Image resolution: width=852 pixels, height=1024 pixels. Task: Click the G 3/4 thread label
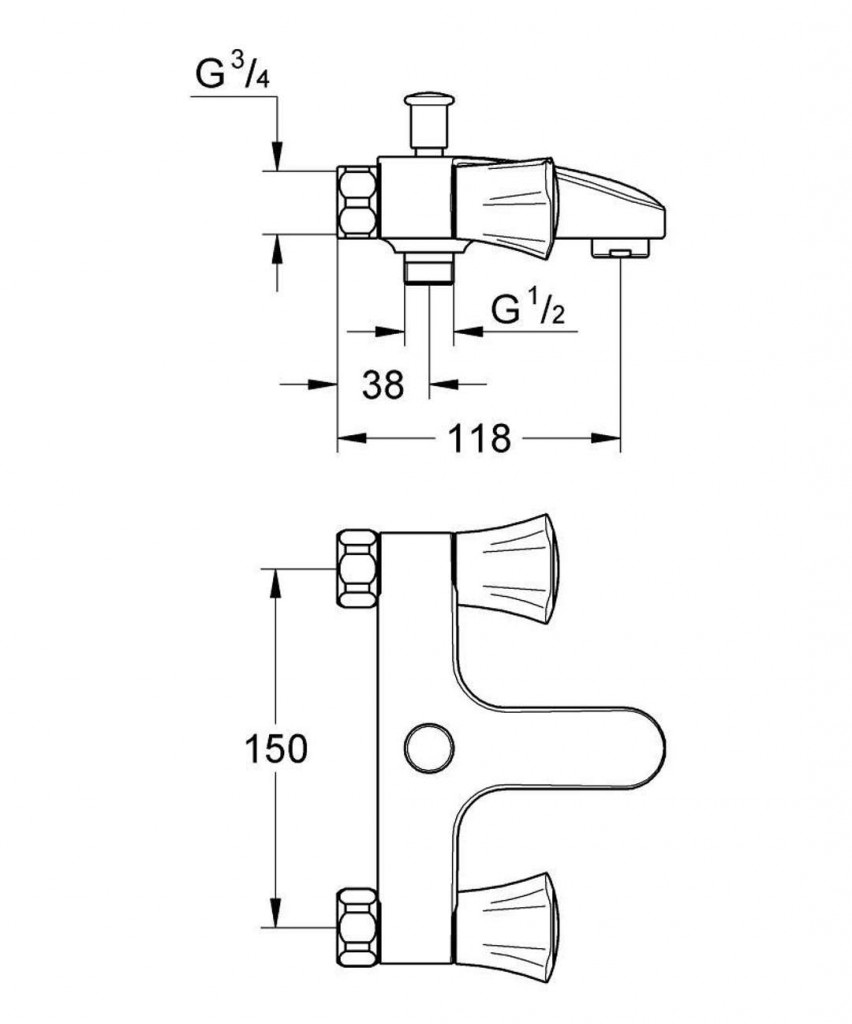click(x=228, y=75)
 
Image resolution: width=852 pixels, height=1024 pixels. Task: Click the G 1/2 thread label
click(x=528, y=311)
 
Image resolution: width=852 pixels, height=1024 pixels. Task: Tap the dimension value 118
click(x=480, y=438)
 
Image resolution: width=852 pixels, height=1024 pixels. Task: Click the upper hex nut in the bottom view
click(x=358, y=568)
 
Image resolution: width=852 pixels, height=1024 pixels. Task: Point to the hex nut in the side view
click(x=358, y=203)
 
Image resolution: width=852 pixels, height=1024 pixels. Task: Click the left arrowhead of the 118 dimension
click(x=347, y=438)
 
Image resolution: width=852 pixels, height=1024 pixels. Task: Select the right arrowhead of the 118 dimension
click(x=609, y=438)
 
